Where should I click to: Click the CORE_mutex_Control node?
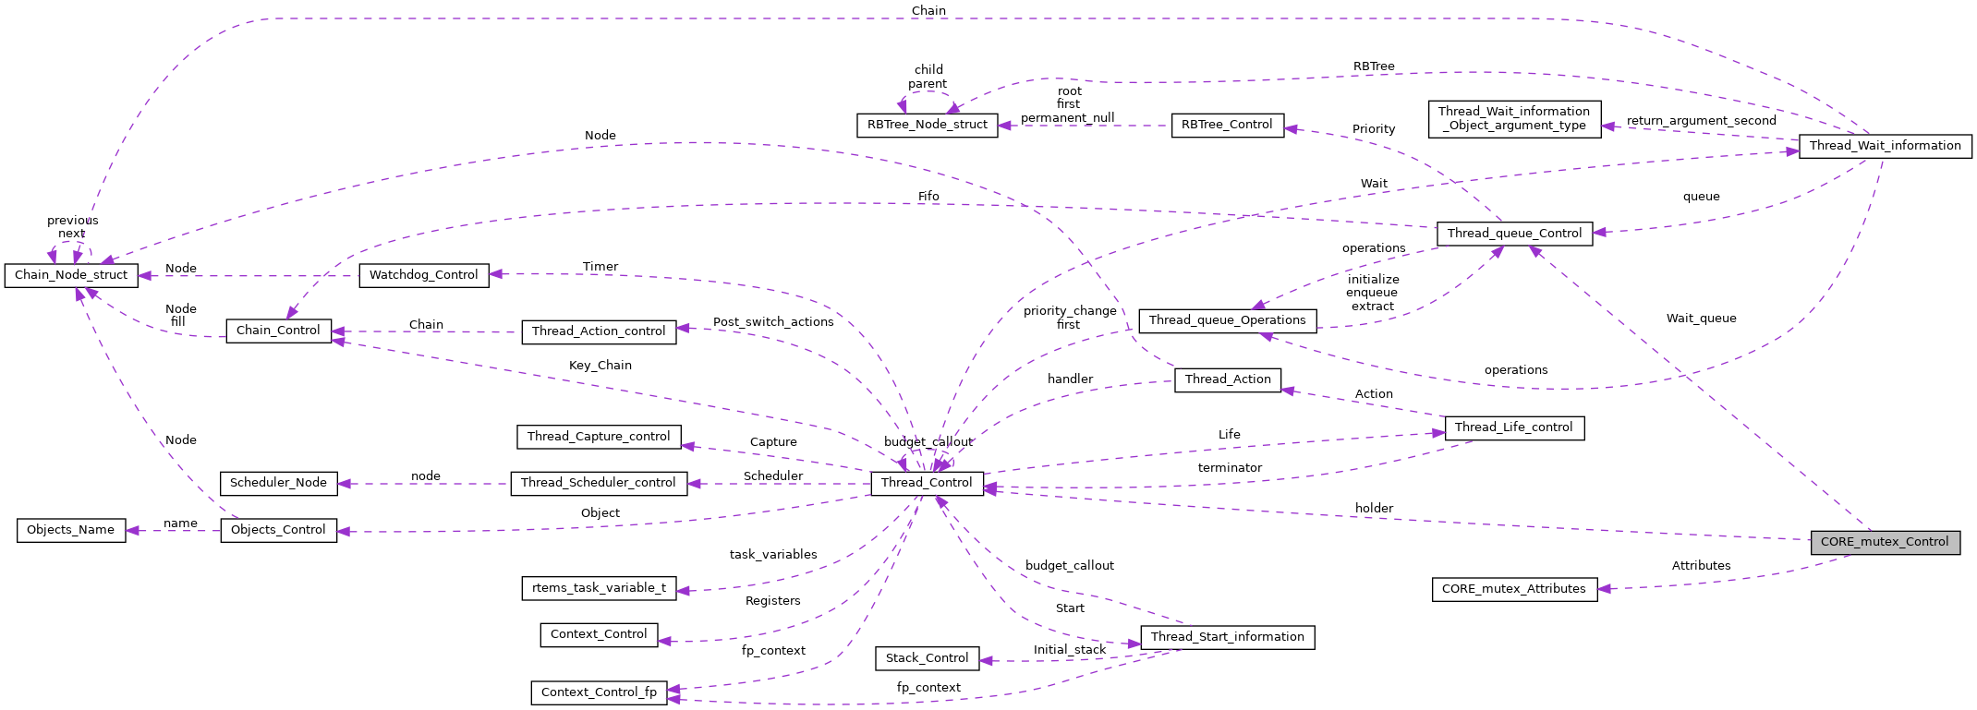click(x=1885, y=542)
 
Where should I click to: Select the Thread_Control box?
click(x=927, y=483)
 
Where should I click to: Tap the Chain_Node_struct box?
click(x=71, y=275)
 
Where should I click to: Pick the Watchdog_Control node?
click(x=423, y=275)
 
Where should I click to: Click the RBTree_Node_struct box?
click(x=927, y=125)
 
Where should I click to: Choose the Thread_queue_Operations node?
click(x=1227, y=320)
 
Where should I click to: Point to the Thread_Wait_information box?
click(x=1885, y=146)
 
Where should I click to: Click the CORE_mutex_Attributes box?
click(x=1513, y=589)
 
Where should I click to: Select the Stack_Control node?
click(x=927, y=658)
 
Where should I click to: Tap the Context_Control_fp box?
click(x=599, y=692)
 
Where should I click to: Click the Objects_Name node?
click(x=71, y=530)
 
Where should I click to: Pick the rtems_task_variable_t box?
click(x=599, y=588)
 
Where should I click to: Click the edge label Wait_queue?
click(x=1701, y=319)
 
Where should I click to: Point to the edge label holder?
click(x=1374, y=509)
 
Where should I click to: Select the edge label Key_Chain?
click(x=600, y=366)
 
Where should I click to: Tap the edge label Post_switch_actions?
click(x=773, y=322)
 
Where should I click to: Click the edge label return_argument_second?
click(x=1701, y=121)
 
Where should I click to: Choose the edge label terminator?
click(x=1229, y=468)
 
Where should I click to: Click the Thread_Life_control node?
click(x=1513, y=427)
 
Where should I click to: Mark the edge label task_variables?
click(x=773, y=555)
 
